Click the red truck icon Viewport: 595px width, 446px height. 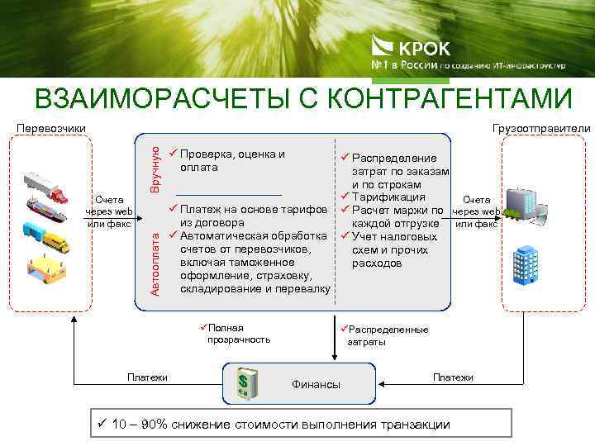pyautogui.click(x=45, y=188)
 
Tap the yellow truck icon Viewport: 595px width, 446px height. pyautogui.click(x=50, y=240)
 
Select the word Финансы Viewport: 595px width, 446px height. pyautogui.click(x=316, y=384)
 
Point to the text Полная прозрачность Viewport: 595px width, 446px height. pyautogui.click(x=239, y=333)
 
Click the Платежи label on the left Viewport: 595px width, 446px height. pyautogui.click(x=147, y=377)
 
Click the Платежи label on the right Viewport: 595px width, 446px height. pyautogui.click(x=453, y=377)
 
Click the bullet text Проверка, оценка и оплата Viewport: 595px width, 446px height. pyautogui.click(x=233, y=160)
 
